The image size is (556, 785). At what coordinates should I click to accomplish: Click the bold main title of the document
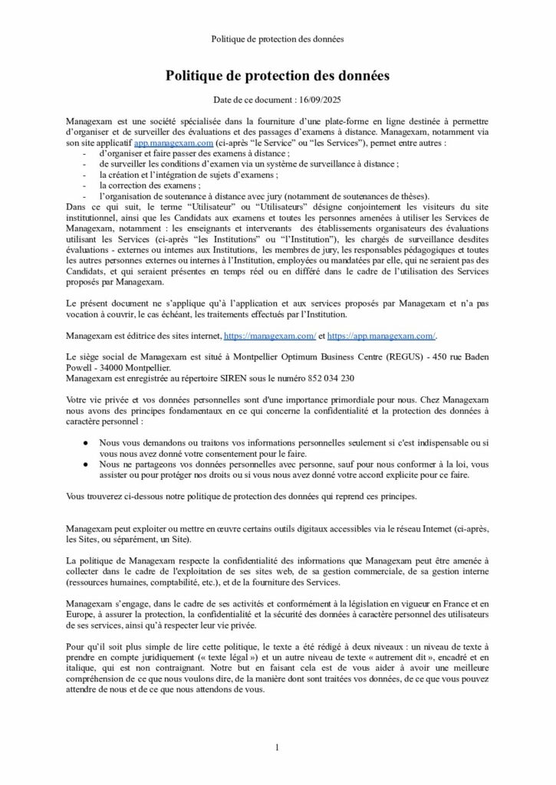(278, 76)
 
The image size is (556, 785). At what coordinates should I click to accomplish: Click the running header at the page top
(278, 38)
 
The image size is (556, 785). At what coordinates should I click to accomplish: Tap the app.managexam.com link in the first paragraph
(173, 143)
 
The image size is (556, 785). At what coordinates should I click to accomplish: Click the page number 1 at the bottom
(278, 747)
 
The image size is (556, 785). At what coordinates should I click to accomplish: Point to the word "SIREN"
(234, 378)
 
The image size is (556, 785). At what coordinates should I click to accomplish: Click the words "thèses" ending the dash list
(415, 196)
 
